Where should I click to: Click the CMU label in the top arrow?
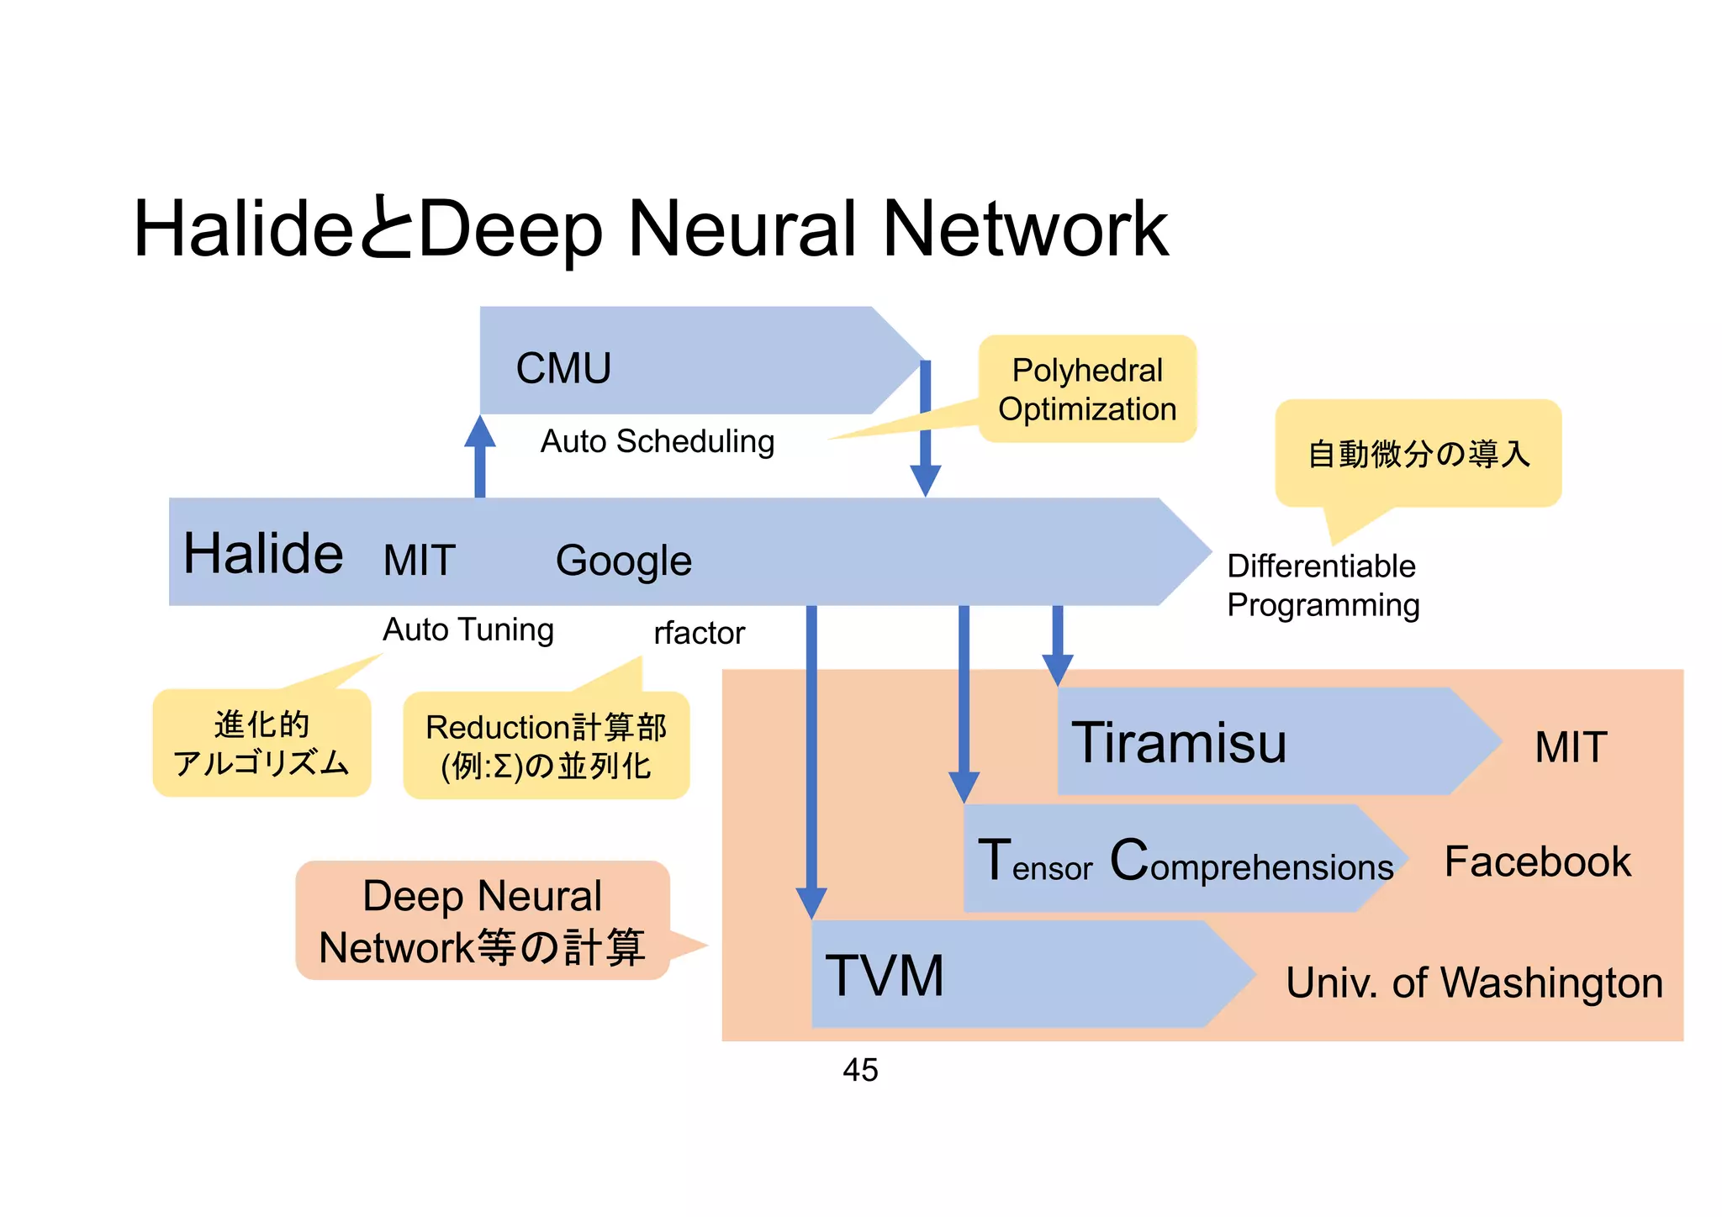pos(563,368)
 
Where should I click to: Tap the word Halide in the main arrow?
pos(263,554)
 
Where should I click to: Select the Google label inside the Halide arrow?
pos(623,561)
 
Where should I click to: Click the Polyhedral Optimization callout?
pos(1086,389)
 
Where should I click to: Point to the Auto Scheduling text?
pos(657,441)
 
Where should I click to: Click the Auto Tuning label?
pos(468,630)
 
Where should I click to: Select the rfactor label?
pos(699,633)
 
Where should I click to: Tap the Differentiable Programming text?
pos(1322,585)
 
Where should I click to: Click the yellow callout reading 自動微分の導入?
pos(1418,454)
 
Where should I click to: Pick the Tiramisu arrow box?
pos(1261,742)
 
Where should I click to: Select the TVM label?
pos(885,976)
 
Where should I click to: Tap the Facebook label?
pos(1537,861)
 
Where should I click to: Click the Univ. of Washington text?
pos(1474,983)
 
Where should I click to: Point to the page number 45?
pos(860,1070)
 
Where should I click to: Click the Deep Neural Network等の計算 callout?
pos(482,921)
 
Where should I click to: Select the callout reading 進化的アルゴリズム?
pos(261,743)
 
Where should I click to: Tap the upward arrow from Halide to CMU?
pos(480,458)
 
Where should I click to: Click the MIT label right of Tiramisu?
pos(1571,746)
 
